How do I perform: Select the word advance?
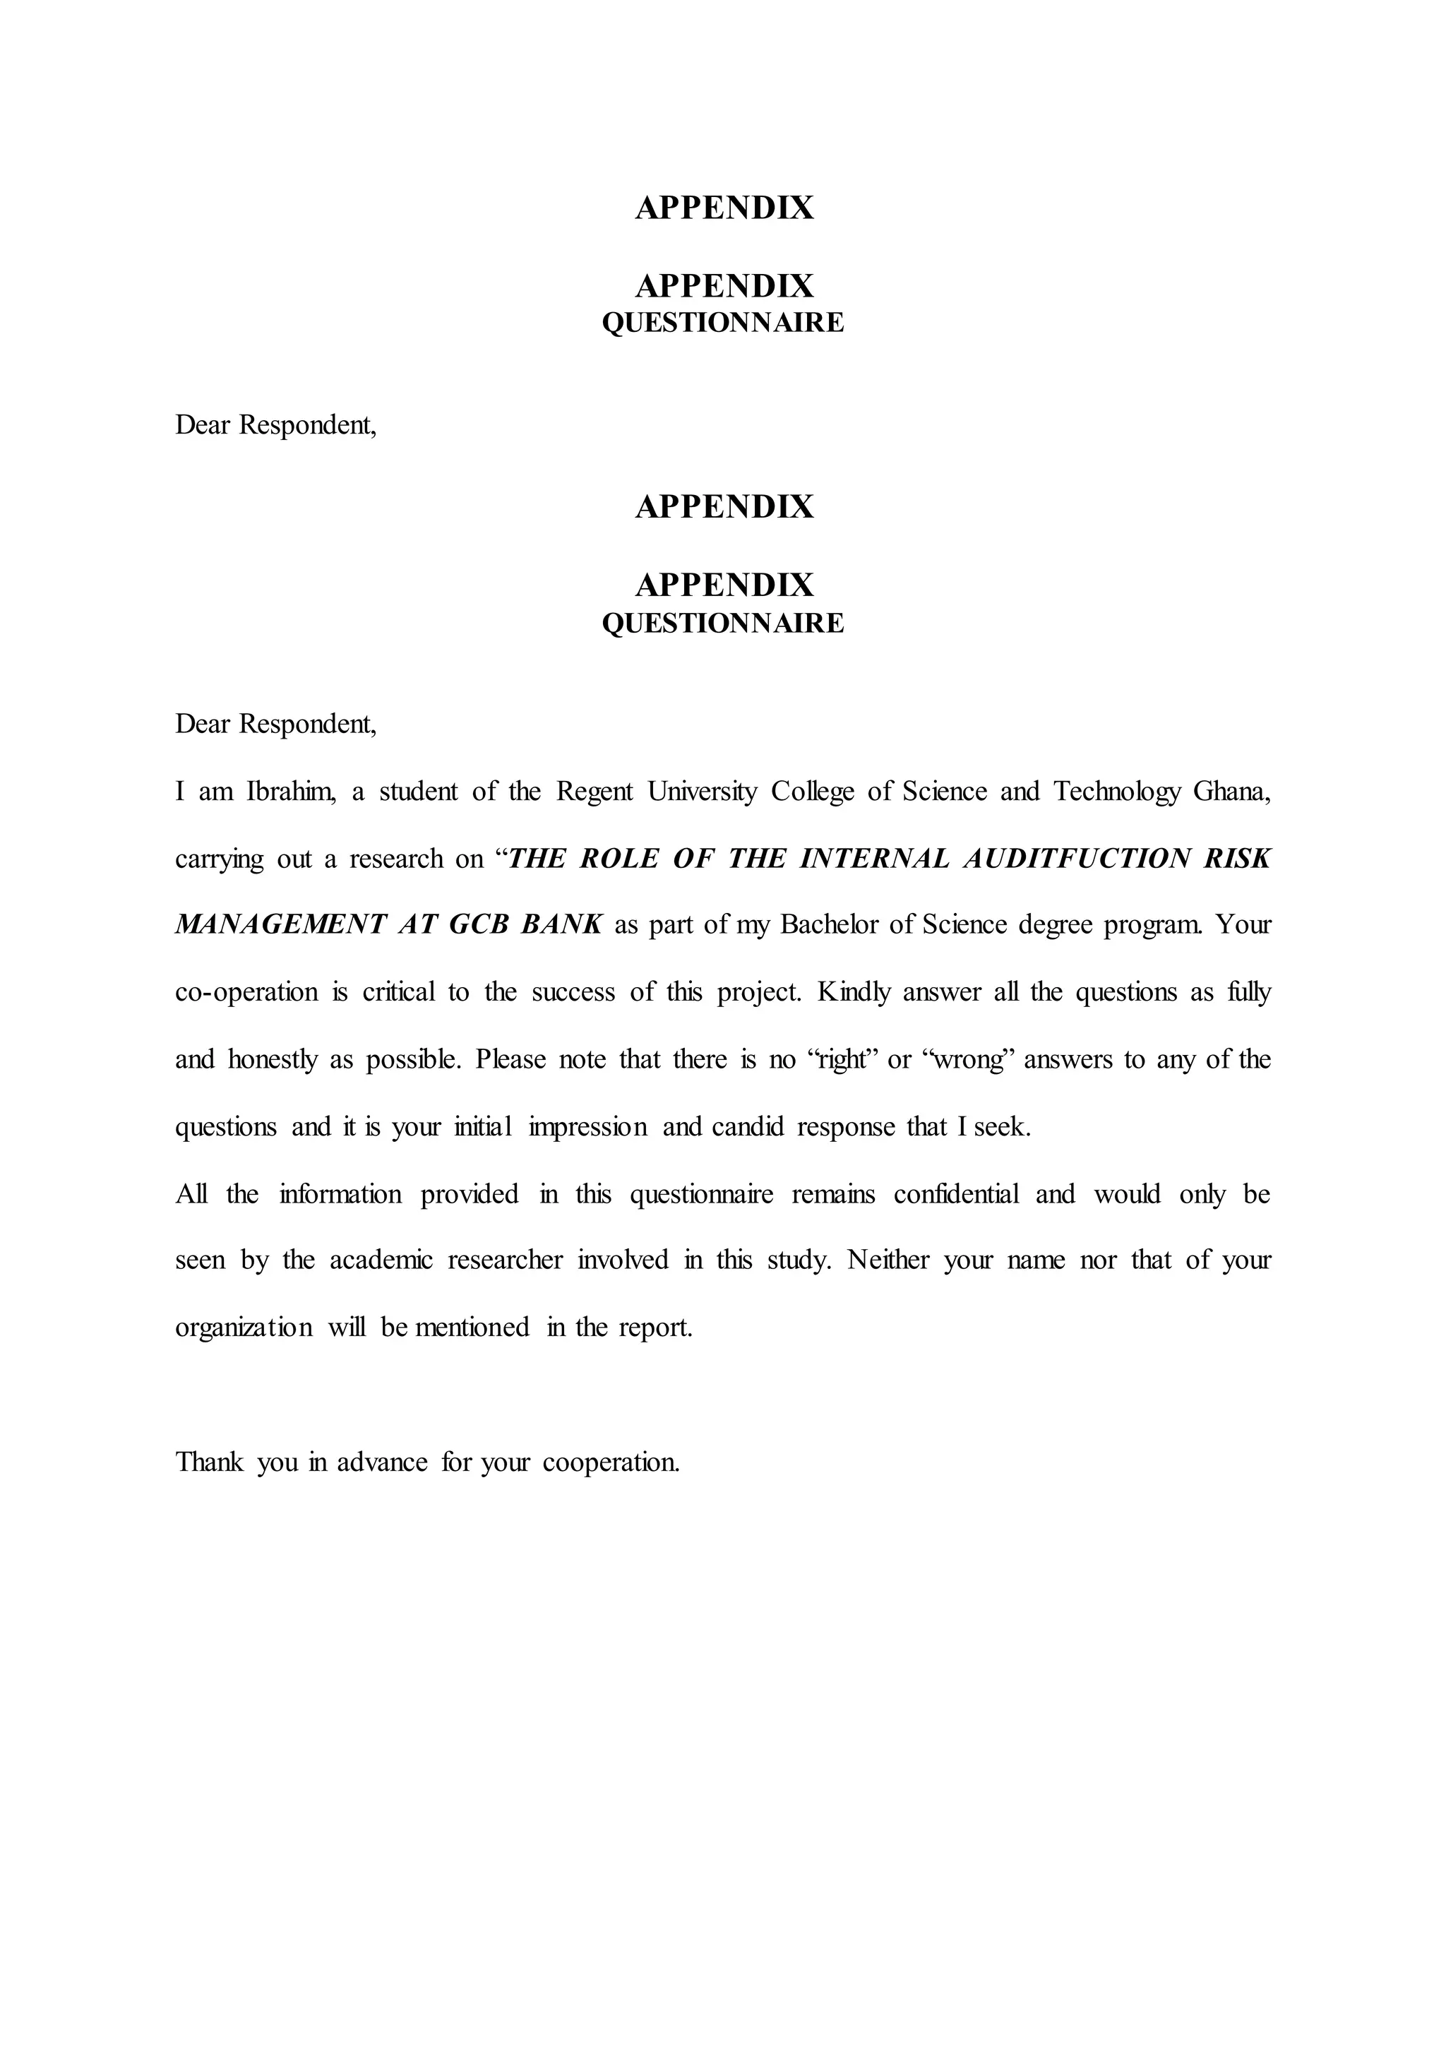tap(381, 1462)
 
